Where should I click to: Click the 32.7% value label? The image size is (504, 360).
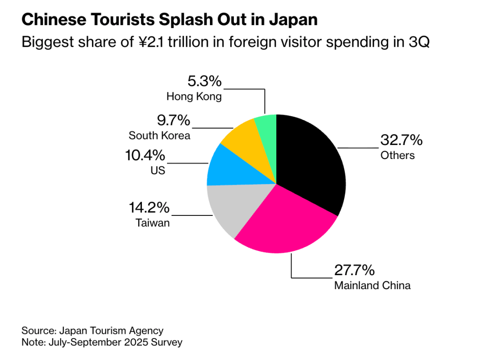pos(401,140)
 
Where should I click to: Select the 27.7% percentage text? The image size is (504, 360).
pos(354,270)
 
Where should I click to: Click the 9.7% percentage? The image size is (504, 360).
pos(173,121)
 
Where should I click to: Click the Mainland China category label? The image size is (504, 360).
pos(372,285)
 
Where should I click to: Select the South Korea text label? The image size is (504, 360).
pos(159,136)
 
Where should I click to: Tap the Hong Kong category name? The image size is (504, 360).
pos(194,97)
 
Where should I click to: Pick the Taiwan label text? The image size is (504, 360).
pos(153,223)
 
